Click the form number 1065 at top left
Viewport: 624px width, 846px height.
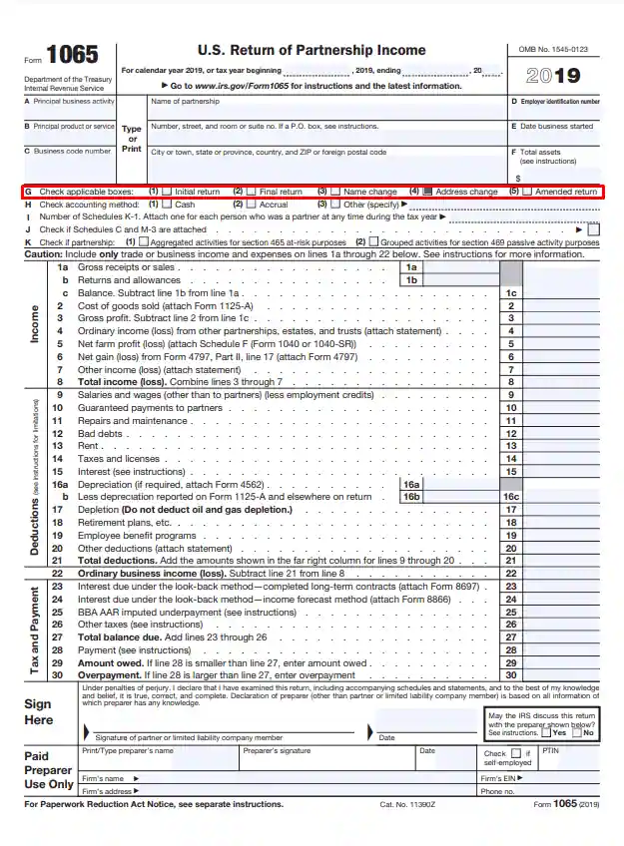[72, 56]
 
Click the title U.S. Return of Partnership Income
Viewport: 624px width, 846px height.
[312, 50]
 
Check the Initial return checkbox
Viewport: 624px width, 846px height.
[167, 192]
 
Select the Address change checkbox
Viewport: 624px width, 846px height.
[427, 192]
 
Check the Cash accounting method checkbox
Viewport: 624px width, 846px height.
[167, 204]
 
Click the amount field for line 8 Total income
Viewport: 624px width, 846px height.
[561, 382]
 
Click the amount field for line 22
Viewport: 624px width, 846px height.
[561, 574]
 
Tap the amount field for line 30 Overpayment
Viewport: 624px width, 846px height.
[561, 675]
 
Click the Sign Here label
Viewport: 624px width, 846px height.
[38, 711]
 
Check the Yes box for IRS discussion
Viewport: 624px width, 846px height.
[546, 732]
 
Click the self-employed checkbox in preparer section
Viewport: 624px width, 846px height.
[516, 753]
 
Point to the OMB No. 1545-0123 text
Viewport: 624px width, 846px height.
[553, 49]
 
